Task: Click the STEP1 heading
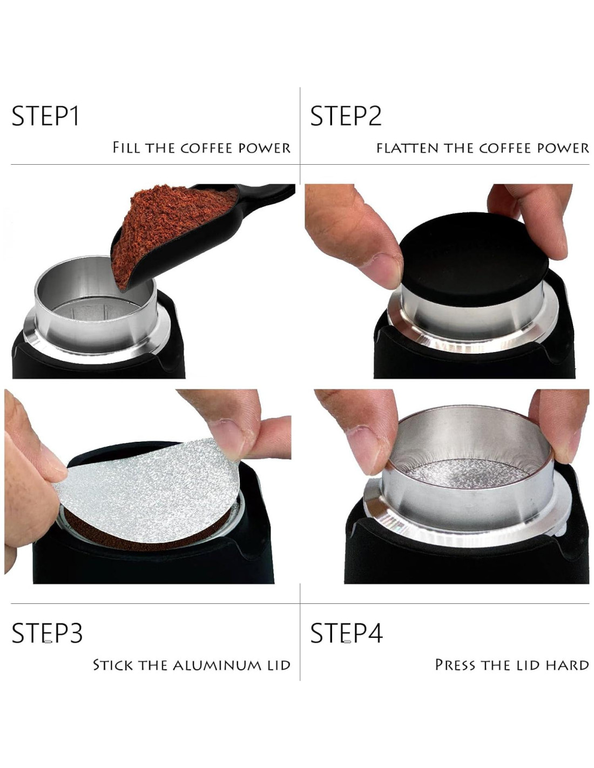45,116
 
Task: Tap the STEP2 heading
346,116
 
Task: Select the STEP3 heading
47,632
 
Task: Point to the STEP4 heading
346,632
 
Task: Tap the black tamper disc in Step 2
475,259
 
